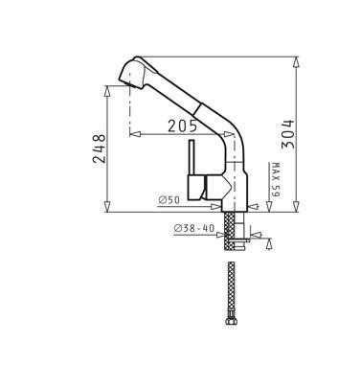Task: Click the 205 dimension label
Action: pos(182,126)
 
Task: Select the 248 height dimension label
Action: pos(100,148)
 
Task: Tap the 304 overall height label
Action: pos(287,134)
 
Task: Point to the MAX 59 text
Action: pos(276,180)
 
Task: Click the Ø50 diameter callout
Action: pos(169,200)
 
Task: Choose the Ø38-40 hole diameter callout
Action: pos(194,228)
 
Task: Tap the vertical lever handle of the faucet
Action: pos(191,157)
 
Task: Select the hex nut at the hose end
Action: pos(231,321)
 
